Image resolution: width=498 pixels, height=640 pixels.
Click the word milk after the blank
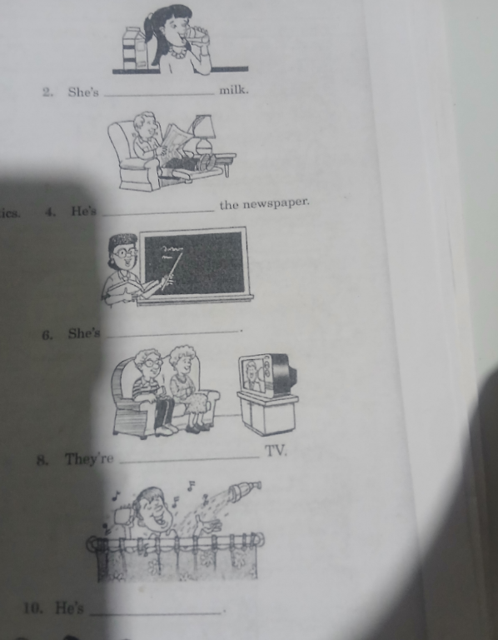[234, 90]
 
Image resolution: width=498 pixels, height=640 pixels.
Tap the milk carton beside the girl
[134, 48]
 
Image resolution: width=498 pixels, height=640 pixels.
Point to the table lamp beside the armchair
[204, 134]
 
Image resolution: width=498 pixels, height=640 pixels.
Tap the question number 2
[47, 92]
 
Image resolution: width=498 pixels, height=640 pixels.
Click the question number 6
[47, 335]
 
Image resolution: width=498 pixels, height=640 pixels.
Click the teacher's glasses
[125, 253]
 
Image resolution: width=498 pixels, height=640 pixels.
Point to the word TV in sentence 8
[276, 451]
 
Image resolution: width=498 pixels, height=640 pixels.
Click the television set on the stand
[266, 375]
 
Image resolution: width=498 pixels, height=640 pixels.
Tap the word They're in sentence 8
[89, 459]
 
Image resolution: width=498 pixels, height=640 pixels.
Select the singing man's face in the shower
[153, 511]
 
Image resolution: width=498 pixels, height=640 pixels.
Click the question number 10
[32, 608]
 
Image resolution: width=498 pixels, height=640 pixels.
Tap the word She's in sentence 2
[83, 92]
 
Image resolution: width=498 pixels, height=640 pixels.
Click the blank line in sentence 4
[158, 212]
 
